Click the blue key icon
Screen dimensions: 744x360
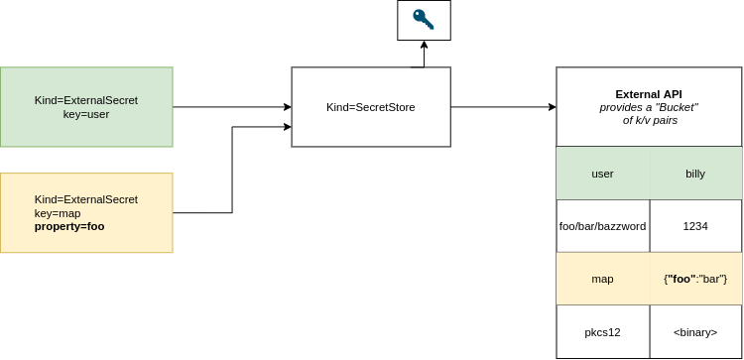click(424, 20)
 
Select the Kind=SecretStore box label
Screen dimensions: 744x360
click(371, 107)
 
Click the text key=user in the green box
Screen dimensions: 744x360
click(86, 114)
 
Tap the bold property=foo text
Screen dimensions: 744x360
click(69, 227)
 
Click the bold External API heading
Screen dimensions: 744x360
click(649, 94)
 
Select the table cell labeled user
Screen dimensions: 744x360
click(602, 174)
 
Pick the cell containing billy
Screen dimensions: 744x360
click(695, 174)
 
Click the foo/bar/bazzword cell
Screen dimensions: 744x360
click(602, 226)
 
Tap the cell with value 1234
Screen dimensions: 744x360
click(695, 226)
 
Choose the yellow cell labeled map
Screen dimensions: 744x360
click(602, 279)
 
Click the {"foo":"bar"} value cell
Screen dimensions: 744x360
click(695, 279)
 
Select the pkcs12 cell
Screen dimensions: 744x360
click(602, 332)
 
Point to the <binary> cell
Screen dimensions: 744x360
click(695, 332)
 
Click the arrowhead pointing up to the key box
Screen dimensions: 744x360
click(424, 45)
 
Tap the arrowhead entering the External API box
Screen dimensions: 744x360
click(553, 107)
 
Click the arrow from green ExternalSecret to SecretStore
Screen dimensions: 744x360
click(232, 107)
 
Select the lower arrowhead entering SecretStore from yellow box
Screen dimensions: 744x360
click(287, 127)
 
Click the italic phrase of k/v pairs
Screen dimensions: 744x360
click(650, 120)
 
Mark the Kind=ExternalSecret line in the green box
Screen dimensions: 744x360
click(86, 100)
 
